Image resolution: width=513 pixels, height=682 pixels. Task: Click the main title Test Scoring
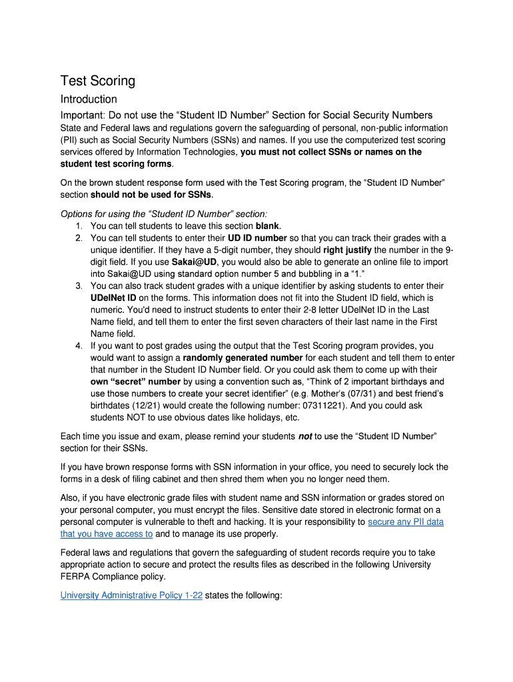[98, 81]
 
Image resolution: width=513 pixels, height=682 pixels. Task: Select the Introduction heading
[89, 99]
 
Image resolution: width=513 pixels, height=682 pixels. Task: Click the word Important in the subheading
[83, 115]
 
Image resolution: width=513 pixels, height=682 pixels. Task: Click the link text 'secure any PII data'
[406, 521]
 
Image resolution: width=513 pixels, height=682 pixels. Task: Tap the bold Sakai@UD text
[194, 262]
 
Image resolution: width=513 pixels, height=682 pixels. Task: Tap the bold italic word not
[305, 436]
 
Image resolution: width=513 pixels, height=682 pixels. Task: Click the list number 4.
[78, 346]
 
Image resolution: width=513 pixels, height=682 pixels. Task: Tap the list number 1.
[78, 226]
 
